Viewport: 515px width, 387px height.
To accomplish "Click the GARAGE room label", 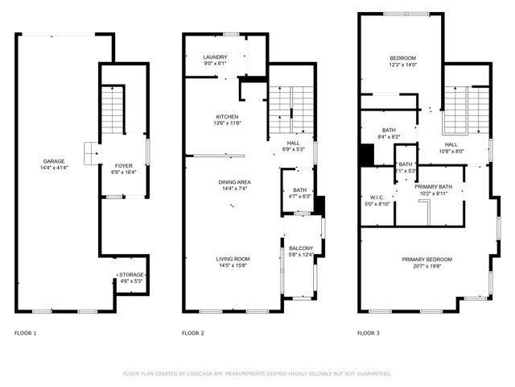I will click(x=55, y=160).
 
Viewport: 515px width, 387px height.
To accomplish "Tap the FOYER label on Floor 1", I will click(x=123, y=165).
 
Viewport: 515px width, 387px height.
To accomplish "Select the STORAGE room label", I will click(x=131, y=275).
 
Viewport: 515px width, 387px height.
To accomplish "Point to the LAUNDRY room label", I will click(x=215, y=57).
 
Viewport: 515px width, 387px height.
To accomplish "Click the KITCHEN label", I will click(x=227, y=117).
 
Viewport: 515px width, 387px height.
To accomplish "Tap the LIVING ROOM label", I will click(x=233, y=259).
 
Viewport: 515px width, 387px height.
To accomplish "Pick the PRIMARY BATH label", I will click(x=434, y=187).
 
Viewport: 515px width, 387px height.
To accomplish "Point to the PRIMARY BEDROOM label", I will click(x=427, y=259).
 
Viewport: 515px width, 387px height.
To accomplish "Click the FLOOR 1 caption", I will click(x=26, y=333).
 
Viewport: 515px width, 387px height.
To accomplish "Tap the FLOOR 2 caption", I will click(x=193, y=333).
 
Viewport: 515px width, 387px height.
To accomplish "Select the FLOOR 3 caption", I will click(x=369, y=333).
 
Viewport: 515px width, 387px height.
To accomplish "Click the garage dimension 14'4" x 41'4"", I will click(x=55, y=168).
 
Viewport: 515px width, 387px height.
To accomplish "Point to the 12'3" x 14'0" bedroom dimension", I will click(x=402, y=64).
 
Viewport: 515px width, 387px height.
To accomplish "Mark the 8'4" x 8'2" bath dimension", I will click(x=389, y=137).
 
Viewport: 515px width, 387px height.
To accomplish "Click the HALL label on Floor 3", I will click(x=451, y=144).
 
